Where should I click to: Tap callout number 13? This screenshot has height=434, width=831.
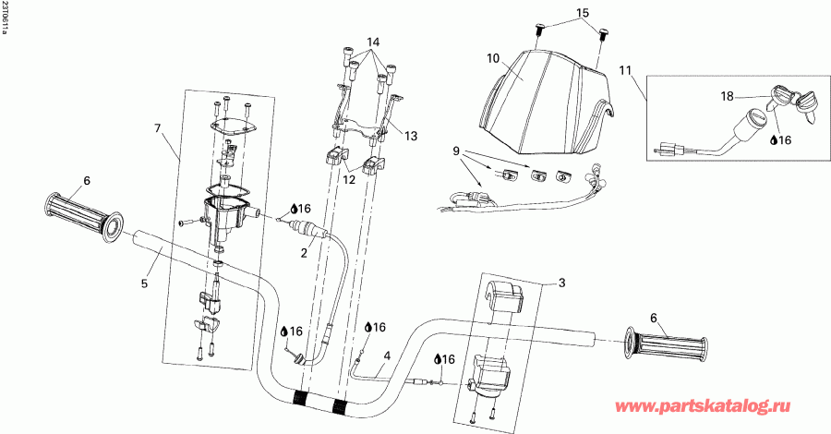coord(411,136)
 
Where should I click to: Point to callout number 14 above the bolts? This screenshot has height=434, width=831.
coord(373,43)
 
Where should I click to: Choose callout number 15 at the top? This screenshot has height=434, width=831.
coord(582,13)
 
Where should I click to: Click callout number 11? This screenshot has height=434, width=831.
coord(626,70)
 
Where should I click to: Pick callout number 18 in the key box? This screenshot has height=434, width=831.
coord(728,95)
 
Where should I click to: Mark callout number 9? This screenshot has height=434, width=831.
coord(455,150)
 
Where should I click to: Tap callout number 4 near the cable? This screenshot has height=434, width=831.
coord(388,355)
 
